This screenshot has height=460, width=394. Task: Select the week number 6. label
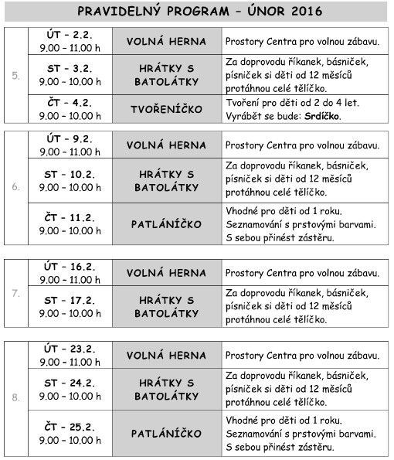[x=16, y=186]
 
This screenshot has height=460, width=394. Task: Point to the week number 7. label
[x=16, y=294]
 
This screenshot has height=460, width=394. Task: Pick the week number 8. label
[x=16, y=398]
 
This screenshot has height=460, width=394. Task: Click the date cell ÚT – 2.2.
[x=69, y=41]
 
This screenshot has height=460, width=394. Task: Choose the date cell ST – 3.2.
[x=69, y=74]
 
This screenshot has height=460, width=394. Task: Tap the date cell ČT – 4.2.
[x=69, y=109]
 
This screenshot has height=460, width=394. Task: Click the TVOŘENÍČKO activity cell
[x=167, y=109]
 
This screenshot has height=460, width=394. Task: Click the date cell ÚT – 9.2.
[x=69, y=145]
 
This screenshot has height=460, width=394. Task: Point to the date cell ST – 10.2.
[x=69, y=180]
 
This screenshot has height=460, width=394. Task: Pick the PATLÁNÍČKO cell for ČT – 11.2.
[x=167, y=224]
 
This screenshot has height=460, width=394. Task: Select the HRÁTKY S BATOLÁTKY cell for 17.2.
[x=167, y=306]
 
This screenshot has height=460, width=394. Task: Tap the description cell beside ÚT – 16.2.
[x=303, y=273]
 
